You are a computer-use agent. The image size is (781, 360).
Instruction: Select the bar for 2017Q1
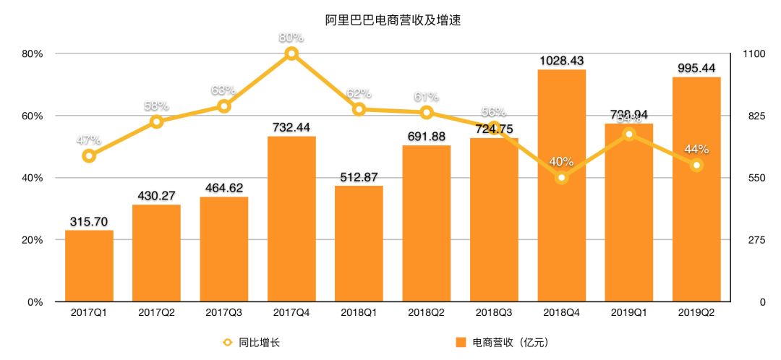[89, 266]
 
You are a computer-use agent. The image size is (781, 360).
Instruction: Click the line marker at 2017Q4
[291, 53]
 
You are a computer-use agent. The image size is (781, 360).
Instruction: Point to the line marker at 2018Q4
[562, 177]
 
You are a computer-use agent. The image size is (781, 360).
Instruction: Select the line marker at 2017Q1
[89, 155]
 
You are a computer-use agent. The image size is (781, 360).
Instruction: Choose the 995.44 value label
[697, 68]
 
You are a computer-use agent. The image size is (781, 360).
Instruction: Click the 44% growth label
[697, 150]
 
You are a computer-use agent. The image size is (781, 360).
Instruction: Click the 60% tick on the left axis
[33, 116]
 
